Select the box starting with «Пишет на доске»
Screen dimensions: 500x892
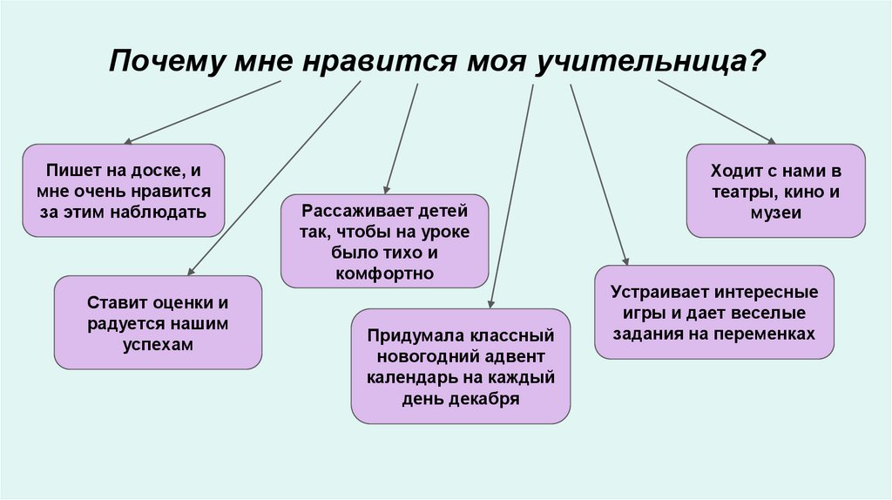pos(124,191)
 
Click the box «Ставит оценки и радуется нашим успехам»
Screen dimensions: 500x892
pos(158,323)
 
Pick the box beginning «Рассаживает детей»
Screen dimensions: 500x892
pos(385,241)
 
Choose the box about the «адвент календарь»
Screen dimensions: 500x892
pos(461,367)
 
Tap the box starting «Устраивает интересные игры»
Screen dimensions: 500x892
pos(713,312)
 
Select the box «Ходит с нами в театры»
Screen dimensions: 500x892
pos(775,191)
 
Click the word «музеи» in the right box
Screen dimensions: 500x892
pos(775,212)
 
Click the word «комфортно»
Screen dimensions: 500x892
pos(385,274)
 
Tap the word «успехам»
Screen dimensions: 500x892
pos(158,343)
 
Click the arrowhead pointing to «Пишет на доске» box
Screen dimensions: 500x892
pos(128,141)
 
